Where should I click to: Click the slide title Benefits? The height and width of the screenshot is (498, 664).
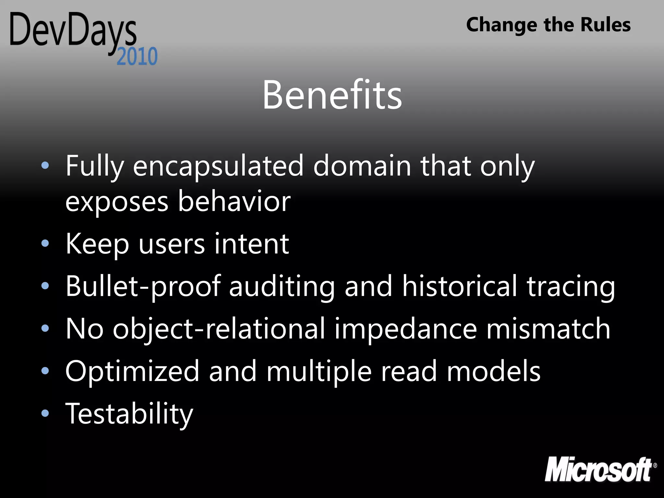[x=332, y=95]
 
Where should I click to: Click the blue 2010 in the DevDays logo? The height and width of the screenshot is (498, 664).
[x=137, y=56]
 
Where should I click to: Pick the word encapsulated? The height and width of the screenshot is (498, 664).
[x=218, y=166]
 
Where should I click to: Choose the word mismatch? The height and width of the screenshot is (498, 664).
[x=548, y=329]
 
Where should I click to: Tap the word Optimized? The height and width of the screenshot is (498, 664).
[x=132, y=372]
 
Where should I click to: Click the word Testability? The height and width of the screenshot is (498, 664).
[x=129, y=414]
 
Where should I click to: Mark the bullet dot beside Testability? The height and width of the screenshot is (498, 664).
[x=45, y=413]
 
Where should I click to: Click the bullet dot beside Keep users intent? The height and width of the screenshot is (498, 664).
[x=45, y=243]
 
